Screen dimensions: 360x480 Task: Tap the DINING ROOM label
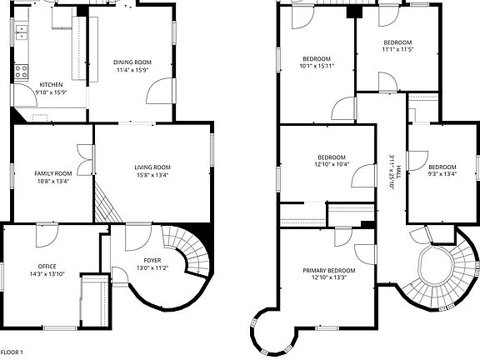132,62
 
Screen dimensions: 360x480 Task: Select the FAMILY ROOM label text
52,173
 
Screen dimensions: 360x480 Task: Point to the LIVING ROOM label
152,168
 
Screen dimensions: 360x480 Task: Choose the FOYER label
152,261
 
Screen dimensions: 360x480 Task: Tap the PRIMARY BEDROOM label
328,271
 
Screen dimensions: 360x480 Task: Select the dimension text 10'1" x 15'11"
317,66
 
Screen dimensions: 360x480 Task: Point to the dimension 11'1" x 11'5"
397,49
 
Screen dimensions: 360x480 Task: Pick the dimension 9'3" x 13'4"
442,173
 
